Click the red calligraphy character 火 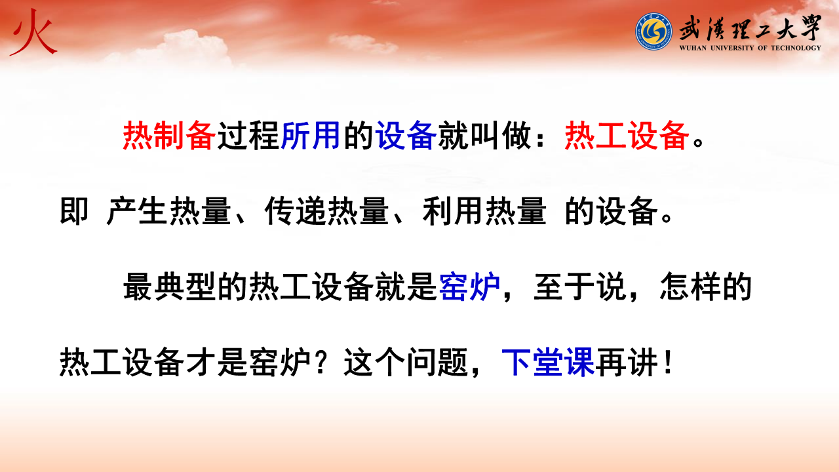pyautogui.click(x=33, y=32)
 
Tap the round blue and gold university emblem pyautogui.click(x=654, y=31)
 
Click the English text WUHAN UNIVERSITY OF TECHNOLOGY pyautogui.click(x=751, y=48)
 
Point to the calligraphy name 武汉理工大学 pyautogui.click(x=751, y=28)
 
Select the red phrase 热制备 pyautogui.click(x=169, y=136)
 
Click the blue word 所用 pyautogui.click(x=310, y=136)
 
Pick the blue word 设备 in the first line pyautogui.click(x=406, y=136)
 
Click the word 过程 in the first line pyautogui.click(x=248, y=136)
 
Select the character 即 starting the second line pyautogui.click(x=74, y=211)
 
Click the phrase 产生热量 pyautogui.click(x=168, y=211)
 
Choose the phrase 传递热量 pyautogui.click(x=326, y=211)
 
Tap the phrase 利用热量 pyautogui.click(x=484, y=211)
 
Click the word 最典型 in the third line pyautogui.click(x=170, y=286)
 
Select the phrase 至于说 pyautogui.click(x=580, y=286)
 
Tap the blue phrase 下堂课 pyautogui.click(x=548, y=361)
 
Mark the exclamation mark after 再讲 pyautogui.click(x=667, y=361)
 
